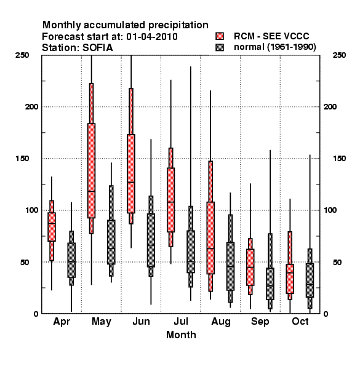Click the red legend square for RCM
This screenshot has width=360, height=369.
(220, 36)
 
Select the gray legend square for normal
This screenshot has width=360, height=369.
(220, 47)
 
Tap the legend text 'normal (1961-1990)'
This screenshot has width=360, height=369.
(274, 47)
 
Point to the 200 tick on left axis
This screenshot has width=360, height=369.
(31, 107)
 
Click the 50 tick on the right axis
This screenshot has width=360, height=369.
(337, 262)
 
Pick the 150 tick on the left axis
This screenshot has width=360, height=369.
(22, 159)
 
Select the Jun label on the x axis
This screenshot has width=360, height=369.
(142, 322)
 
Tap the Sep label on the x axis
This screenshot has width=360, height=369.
(260, 322)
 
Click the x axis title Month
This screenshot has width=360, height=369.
(181, 335)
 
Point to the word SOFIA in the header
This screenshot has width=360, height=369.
(98, 48)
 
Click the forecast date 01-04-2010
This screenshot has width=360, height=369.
(152, 37)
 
